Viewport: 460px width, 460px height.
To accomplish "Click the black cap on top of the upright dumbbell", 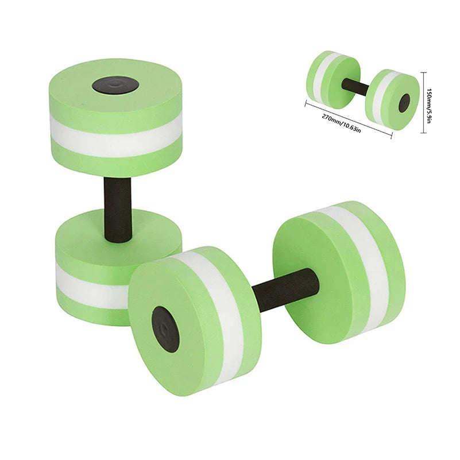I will [x=115, y=85].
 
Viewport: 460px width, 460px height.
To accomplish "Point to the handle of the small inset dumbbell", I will [x=355, y=87].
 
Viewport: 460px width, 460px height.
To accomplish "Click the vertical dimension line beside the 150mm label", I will [x=424, y=103].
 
